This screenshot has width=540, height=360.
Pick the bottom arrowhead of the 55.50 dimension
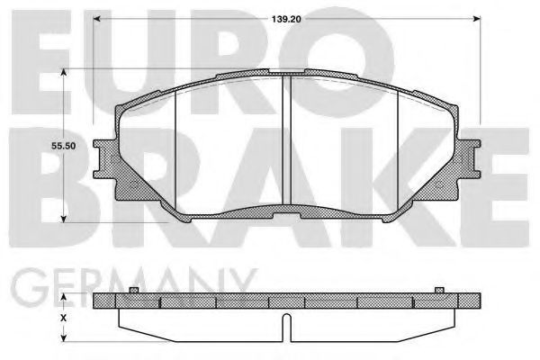tap(62, 219)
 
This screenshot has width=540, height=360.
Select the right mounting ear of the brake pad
tap(469, 162)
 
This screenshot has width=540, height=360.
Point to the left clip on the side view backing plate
tap(133, 289)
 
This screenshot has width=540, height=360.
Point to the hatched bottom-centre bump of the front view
tap(285, 213)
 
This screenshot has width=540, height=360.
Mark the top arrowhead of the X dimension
tap(62, 297)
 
